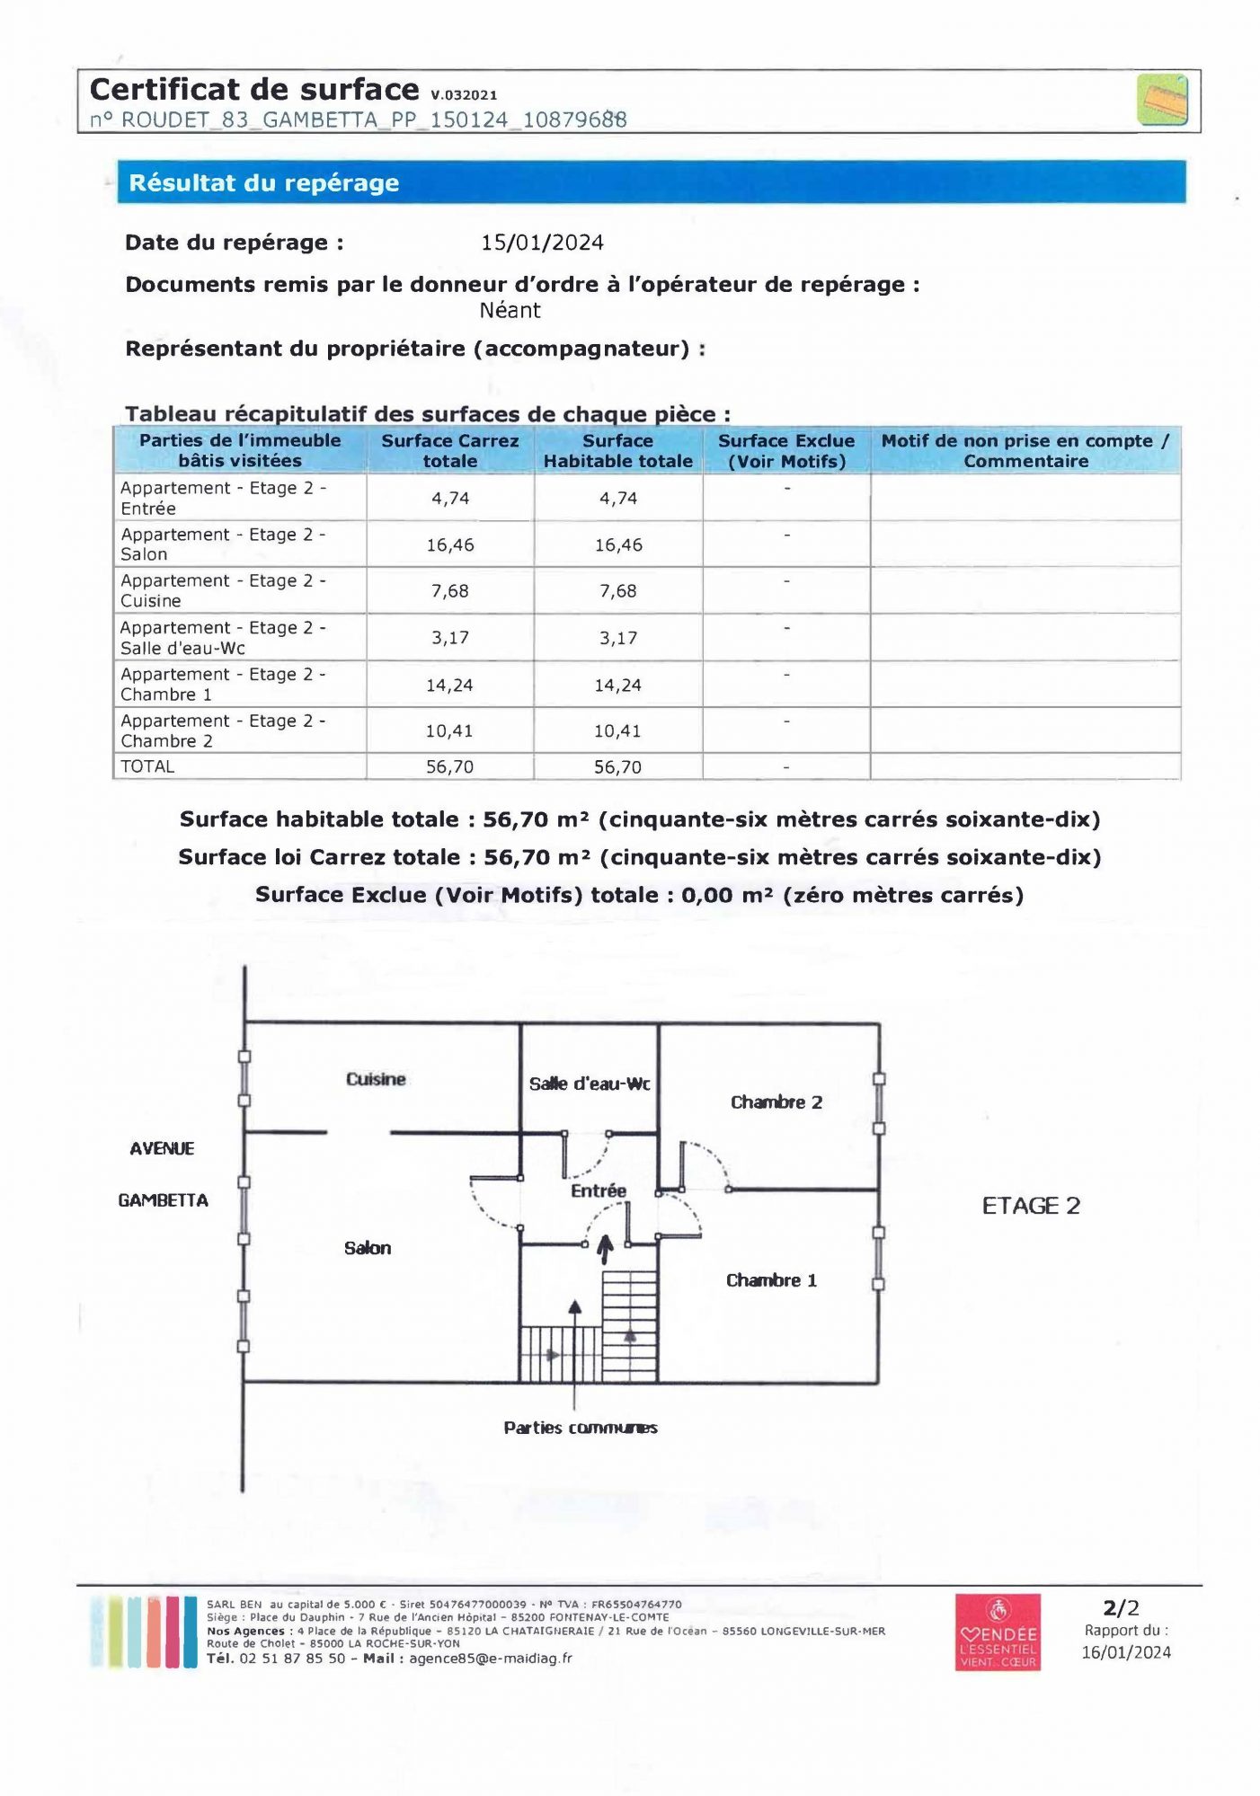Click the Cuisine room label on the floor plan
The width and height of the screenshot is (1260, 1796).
click(x=376, y=1079)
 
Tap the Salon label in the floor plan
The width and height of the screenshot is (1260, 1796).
click(x=368, y=1248)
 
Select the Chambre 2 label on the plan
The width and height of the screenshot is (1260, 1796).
click(x=776, y=1102)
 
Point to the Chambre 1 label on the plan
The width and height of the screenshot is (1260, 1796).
click(x=771, y=1280)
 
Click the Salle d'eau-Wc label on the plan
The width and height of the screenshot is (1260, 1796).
click(x=590, y=1084)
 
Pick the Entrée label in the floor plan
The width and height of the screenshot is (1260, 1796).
click(x=599, y=1191)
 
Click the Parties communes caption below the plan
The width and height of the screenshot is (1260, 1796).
click(x=581, y=1428)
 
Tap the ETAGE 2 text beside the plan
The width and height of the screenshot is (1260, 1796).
click(x=1031, y=1206)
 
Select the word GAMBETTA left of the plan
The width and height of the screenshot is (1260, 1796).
click(x=163, y=1200)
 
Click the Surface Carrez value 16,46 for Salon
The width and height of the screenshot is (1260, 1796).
click(x=450, y=545)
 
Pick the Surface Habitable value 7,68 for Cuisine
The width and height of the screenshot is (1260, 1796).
click(x=618, y=591)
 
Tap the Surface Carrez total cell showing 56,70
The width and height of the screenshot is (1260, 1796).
click(x=450, y=767)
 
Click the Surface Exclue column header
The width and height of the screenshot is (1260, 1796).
click(x=786, y=451)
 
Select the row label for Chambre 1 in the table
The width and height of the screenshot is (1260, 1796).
click(x=223, y=685)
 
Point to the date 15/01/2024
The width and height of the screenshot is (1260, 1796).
click(x=542, y=243)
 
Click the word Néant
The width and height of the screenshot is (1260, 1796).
click(x=510, y=311)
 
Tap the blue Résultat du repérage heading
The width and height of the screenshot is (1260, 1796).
click(x=264, y=183)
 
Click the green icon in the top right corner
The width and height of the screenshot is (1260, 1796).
click(x=1162, y=100)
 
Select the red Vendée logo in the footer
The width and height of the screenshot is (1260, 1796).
click(x=998, y=1632)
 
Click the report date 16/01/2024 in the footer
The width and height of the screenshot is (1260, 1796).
click(x=1126, y=1652)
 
